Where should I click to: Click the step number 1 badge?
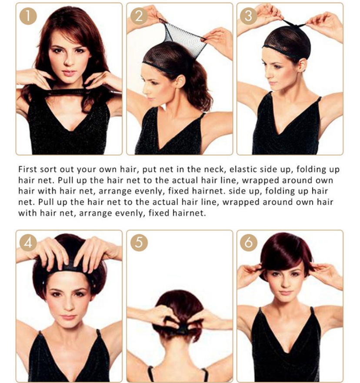28,16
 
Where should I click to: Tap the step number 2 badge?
139,16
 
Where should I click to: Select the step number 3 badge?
249,16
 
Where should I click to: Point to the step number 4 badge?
28,243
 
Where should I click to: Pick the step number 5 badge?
139,243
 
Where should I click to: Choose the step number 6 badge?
249,243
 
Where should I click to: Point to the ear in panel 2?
180,81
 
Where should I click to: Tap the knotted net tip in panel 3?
294,24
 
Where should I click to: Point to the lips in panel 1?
69,73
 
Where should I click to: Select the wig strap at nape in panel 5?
181,330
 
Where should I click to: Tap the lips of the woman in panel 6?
285,293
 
